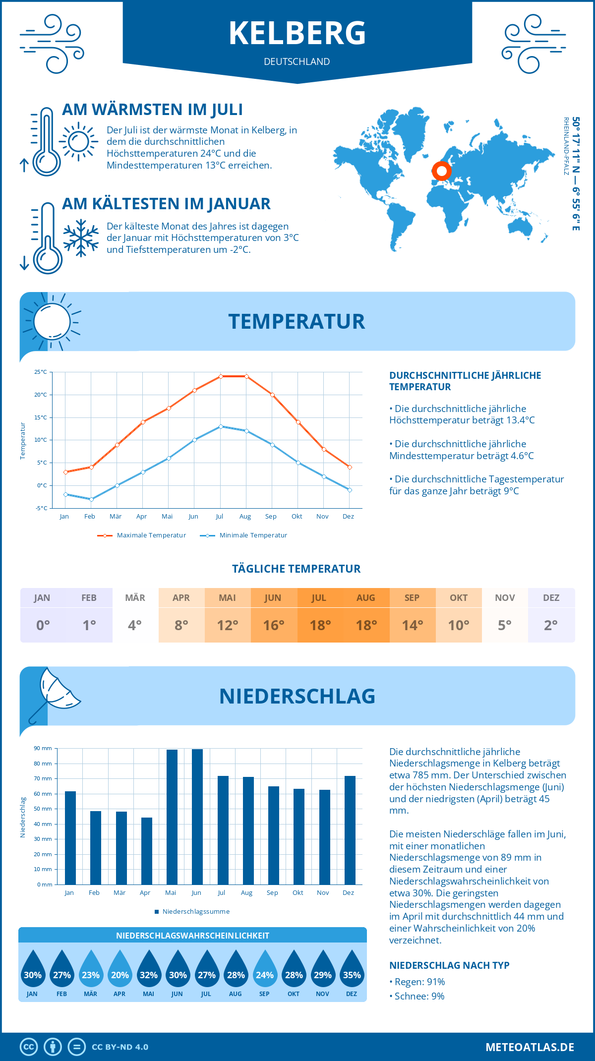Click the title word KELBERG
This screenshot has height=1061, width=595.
pos(297,33)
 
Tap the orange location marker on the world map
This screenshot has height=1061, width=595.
pos(441,171)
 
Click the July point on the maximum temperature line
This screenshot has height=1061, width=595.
pos(221,376)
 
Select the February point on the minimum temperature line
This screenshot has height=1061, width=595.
pos(91,499)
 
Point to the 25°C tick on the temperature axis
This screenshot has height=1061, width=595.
pos(41,372)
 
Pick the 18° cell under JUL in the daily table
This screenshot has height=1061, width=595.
pos(320,625)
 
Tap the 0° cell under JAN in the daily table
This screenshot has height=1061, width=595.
pos(43,625)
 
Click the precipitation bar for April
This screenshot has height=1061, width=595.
pos(147,851)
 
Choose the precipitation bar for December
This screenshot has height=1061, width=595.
pos(350,830)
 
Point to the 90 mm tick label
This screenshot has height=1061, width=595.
pos(43,748)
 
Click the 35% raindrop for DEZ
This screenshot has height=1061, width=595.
pos(352,972)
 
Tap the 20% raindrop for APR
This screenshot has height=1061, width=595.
pos(119,972)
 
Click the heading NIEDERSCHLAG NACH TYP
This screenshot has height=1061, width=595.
pos(449,965)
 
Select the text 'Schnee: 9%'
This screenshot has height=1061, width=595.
pos(419,996)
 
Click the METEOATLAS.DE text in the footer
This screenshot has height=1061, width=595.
pos(530,1047)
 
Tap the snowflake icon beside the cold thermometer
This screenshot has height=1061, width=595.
pos(81,238)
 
